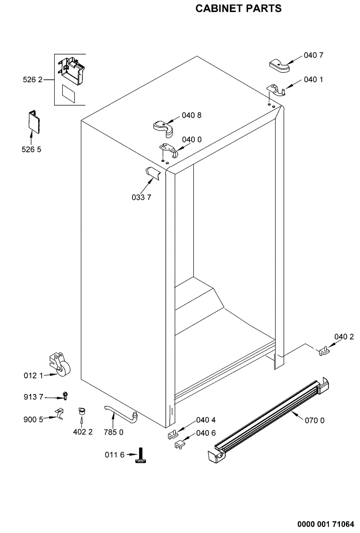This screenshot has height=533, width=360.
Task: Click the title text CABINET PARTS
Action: pos(239,9)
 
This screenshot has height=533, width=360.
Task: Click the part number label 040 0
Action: pos(192,139)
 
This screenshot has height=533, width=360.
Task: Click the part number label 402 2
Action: pos(83,432)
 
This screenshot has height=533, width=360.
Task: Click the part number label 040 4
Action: pos(206,420)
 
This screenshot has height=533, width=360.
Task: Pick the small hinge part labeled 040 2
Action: pos(324,350)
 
